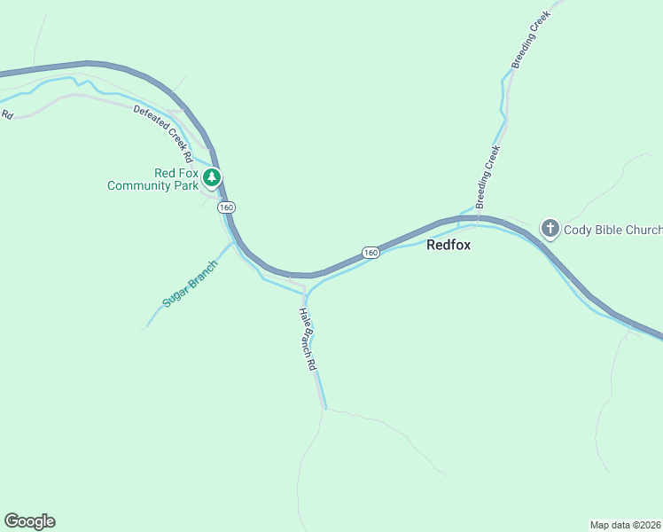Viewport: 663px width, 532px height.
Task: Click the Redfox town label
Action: coord(448,245)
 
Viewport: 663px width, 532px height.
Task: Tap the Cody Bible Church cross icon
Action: coord(550,230)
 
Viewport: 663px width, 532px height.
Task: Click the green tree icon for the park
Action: coord(211,177)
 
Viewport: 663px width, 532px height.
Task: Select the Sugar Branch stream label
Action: coord(189,284)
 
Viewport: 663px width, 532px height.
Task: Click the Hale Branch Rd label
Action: coord(308,338)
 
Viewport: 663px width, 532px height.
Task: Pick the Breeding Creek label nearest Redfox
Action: coord(488,178)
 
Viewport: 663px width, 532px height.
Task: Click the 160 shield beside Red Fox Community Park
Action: coord(227,207)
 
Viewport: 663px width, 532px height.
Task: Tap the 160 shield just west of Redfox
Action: coord(370,253)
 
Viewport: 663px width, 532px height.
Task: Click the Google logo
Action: coord(29,521)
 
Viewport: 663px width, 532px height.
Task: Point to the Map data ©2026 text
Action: coord(626,524)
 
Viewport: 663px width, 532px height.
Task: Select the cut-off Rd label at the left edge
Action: coord(7,113)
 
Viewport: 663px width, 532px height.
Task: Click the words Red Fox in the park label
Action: coord(175,173)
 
